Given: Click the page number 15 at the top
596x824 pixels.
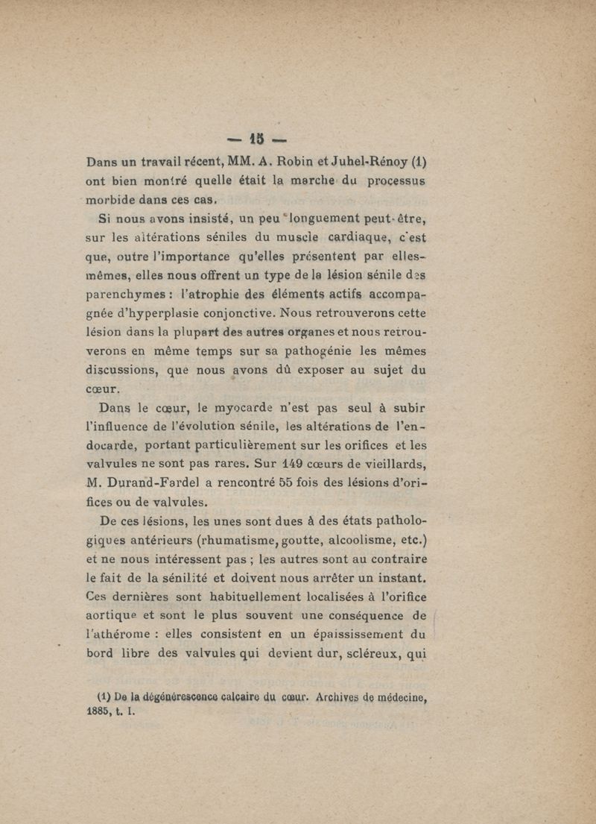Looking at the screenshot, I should [x=258, y=139].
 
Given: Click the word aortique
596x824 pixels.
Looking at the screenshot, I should [x=114, y=615].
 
